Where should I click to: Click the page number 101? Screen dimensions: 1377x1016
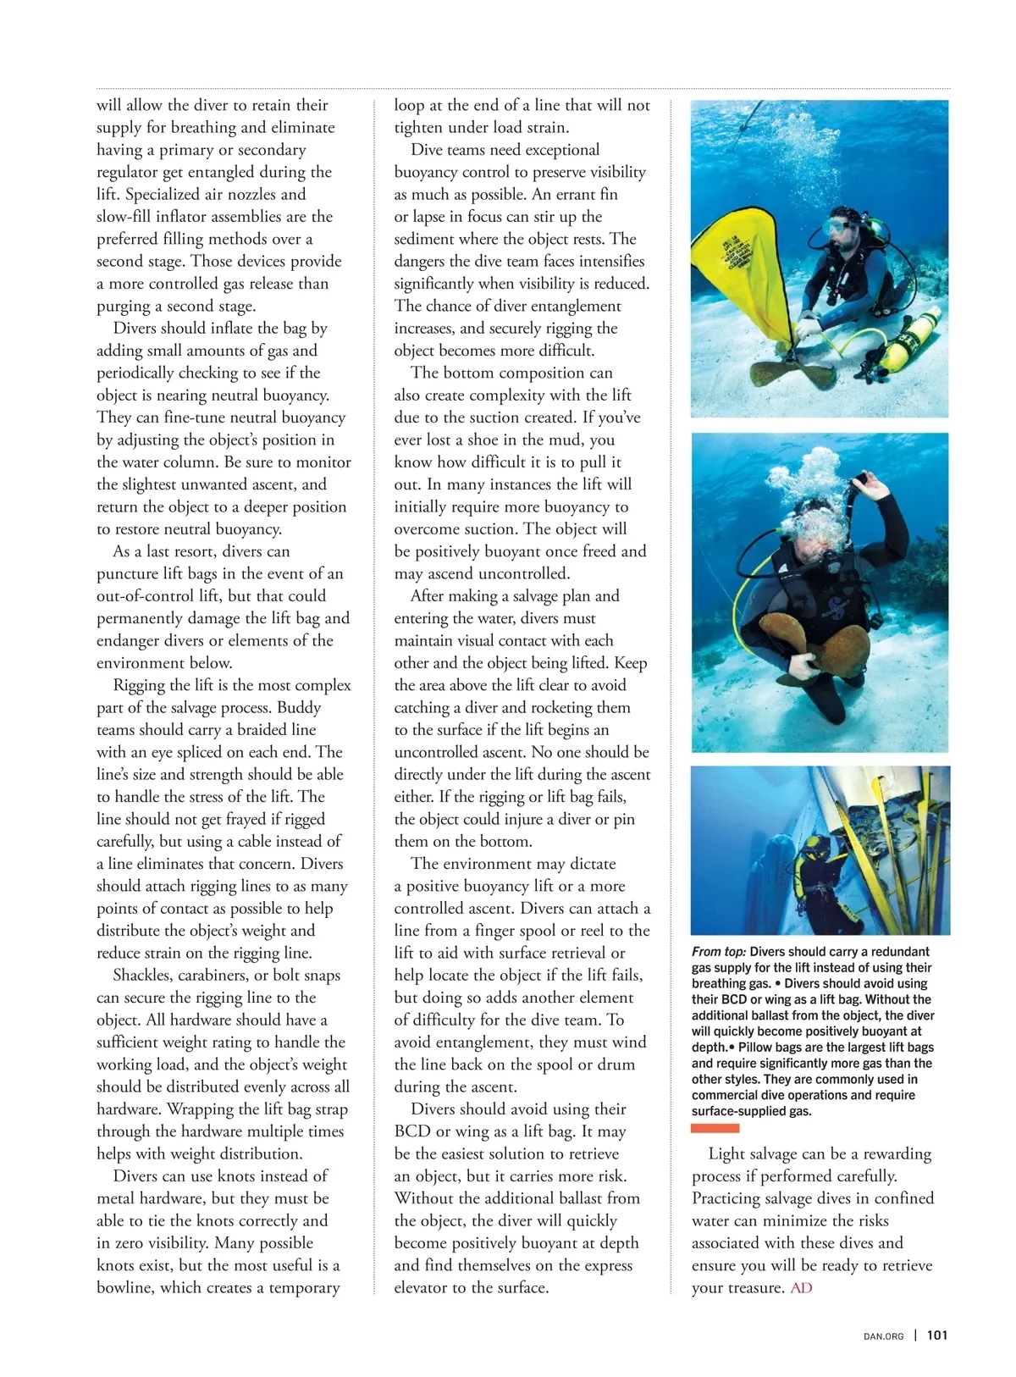point(937,1336)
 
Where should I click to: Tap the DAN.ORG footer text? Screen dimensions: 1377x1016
point(883,1336)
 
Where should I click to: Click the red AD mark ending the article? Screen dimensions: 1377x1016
point(801,1288)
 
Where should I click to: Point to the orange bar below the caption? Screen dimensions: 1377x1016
point(715,1128)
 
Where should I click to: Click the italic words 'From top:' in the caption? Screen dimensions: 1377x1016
point(719,952)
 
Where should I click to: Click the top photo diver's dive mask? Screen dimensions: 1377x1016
point(841,228)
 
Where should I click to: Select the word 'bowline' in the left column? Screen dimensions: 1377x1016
point(123,1288)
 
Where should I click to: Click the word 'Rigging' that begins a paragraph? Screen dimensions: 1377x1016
point(141,685)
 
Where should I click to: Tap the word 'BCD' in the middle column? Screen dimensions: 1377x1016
point(412,1131)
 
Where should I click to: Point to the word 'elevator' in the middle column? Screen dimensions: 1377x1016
point(425,1288)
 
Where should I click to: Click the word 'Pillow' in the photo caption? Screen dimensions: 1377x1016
point(759,1048)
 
